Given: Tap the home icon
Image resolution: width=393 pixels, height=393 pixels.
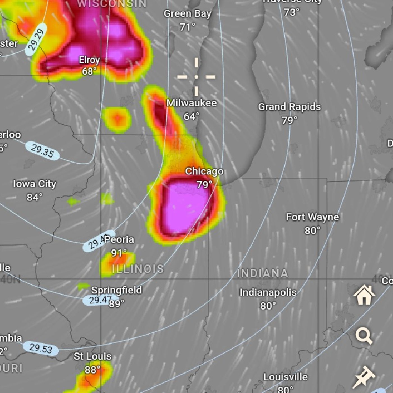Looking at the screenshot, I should click(364, 295).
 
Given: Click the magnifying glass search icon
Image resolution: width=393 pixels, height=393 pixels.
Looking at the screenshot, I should click(364, 336).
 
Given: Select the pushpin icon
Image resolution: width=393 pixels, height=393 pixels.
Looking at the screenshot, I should click(364, 377).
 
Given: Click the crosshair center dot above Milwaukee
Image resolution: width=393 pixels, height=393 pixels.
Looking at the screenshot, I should click(196, 77).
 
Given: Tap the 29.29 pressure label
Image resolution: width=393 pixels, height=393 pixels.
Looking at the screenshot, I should click(36, 40).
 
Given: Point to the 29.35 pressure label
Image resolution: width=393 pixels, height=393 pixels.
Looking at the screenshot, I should click(42, 151).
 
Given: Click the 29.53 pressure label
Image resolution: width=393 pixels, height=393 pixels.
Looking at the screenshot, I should click(41, 348).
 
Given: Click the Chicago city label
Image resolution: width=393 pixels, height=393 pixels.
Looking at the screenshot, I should click(204, 171).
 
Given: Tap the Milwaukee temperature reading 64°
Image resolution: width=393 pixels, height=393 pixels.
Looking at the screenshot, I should click(191, 116).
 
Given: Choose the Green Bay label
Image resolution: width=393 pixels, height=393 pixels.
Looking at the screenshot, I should click(187, 13).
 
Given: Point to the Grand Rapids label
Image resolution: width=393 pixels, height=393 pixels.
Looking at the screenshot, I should click(289, 107).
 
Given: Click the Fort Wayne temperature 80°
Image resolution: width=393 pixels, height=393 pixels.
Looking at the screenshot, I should click(312, 230).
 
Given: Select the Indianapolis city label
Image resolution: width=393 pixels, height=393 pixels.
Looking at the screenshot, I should click(268, 293).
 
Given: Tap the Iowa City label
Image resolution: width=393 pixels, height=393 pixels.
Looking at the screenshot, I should click(35, 184).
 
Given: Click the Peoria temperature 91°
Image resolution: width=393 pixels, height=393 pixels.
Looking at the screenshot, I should click(119, 253).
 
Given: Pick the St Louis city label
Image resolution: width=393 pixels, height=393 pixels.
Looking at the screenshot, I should click(92, 356).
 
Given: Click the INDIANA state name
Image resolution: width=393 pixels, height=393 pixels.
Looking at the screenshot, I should click(262, 273).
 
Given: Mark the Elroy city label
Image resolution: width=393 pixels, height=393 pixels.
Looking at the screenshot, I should click(89, 60).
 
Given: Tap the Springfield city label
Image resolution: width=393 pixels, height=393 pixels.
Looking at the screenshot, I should click(116, 290).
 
